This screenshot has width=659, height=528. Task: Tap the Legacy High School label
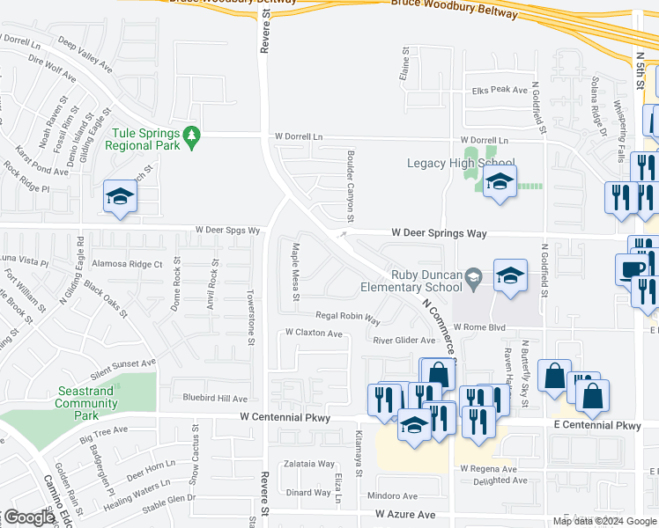tap(461, 164)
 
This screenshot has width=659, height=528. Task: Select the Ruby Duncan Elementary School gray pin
tap(473, 276)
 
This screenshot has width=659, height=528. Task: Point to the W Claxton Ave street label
tap(313, 334)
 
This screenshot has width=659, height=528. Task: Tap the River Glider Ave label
tap(404, 340)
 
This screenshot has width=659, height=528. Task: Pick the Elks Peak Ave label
tap(500, 90)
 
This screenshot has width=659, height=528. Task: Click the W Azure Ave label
tap(405, 514)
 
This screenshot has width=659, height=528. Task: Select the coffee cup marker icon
tap(632, 268)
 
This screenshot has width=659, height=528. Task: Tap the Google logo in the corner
tap(29, 517)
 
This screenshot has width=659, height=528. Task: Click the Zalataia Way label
tap(308, 464)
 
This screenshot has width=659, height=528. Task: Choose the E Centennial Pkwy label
tap(597, 425)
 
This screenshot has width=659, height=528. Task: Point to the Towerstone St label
tap(251, 315)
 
